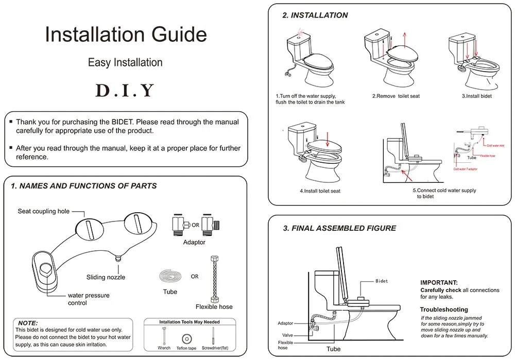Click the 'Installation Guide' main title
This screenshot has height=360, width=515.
(x=126, y=35)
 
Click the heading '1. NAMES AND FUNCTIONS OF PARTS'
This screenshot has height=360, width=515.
(x=84, y=186)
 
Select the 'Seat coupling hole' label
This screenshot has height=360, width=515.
(x=44, y=211)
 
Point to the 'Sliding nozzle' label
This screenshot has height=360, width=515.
(x=106, y=277)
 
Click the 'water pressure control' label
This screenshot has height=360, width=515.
(x=89, y=299)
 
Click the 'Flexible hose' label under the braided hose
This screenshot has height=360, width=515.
(x=214, y=307)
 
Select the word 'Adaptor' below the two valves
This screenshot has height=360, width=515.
(x=194, y=242)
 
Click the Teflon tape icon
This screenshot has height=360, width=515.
(x=186, y=339)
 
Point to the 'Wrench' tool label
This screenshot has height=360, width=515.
(x=164, y=348)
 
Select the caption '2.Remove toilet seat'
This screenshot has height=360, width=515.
(x=396, y=96)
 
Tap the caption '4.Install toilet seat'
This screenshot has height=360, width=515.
(x=320, y=191)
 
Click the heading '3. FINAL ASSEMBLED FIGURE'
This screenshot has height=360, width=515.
(x=339, y=228)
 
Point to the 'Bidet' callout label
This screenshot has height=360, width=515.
(x=381, y=281)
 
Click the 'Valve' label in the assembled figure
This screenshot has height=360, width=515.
(x=287, y=335)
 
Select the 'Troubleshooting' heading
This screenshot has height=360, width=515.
(x=444, y=310)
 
